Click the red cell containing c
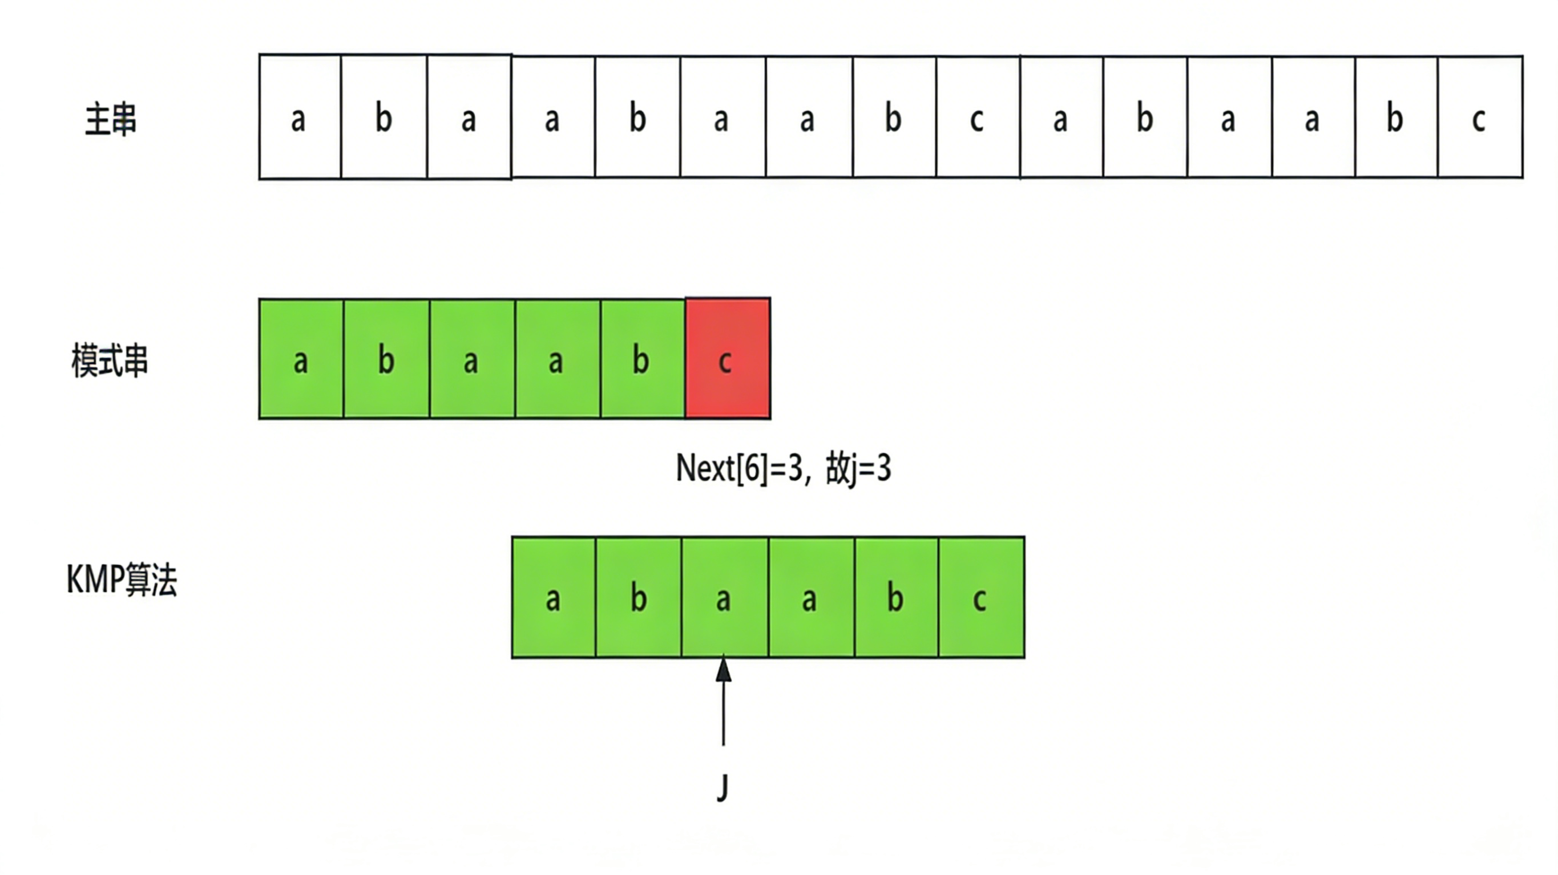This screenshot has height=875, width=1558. click(x=728, y=359)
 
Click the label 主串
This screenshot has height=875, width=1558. click(x=111, y=120)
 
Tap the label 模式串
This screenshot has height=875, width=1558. click(x=110, y=361)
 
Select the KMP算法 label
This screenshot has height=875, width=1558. click(x=122, y=580)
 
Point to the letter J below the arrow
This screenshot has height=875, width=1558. click(x=723, y=787)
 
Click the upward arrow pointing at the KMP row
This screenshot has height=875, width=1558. click(x=724, y=702)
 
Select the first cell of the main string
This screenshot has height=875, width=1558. click(x=300, y=118)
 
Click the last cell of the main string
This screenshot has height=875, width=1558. click(x=1480, y=118)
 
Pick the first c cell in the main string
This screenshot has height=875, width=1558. click(x=978, y=118)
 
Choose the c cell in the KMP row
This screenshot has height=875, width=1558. click(x=981, y=597)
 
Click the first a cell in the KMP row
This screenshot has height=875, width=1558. click(x=554, y=597)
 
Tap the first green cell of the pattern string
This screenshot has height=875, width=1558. click(x=301, y=359)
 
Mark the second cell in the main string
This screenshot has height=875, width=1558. click(x=384, y=118)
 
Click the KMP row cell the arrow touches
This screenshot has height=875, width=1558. click(x=725, y=597)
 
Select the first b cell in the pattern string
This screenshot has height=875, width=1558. click(x=386, y=359)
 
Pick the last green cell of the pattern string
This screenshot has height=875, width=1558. click(x=642, y=359)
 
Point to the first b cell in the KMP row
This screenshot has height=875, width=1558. click(x=639, y=597)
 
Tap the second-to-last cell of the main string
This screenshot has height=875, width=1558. click(x=1396, y=118)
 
